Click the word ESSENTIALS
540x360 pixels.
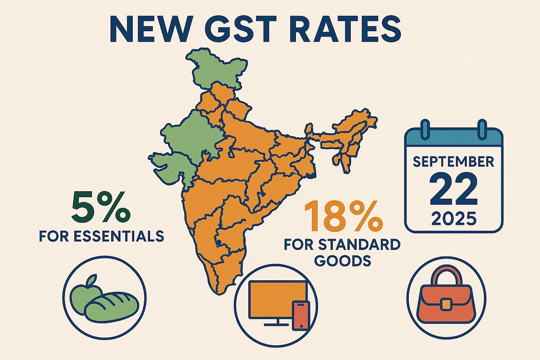tap(117, 237)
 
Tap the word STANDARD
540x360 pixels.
tap(363, 245)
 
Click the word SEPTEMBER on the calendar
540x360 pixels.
tap(454, 162)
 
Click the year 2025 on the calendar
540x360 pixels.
tap(454, 217)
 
